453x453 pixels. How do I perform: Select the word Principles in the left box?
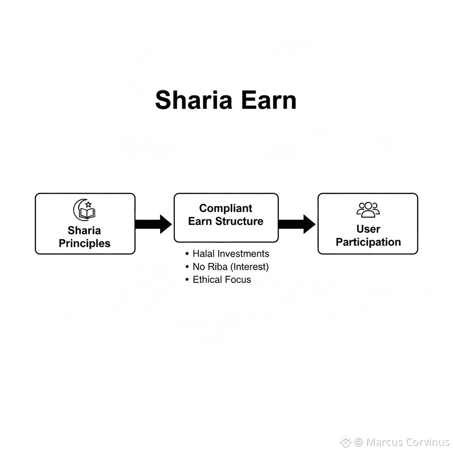(84, 243)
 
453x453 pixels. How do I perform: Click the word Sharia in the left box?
(84, 230)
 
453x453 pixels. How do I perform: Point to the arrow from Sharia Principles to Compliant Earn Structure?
(154, 224)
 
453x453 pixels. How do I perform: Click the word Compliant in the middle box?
(226, 208)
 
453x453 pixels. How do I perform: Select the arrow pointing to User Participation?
(297, 224)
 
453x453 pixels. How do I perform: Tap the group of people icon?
(368, 210)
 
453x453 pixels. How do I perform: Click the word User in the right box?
(368, 229)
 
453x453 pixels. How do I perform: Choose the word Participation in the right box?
(368, 242)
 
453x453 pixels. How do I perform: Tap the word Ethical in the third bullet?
(207, 280)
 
